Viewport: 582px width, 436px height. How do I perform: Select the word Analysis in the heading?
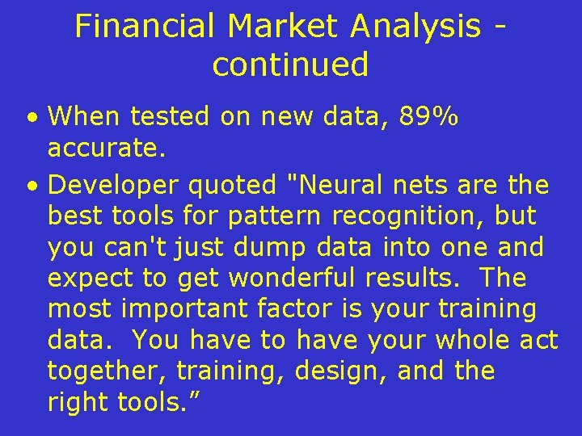click(415, 27)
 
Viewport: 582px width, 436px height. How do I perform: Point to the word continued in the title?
click(290, 65)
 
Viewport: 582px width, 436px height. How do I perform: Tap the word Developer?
click(114, 186)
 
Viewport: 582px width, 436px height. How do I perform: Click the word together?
click(107, 371)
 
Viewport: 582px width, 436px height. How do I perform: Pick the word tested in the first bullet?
click(175, 118)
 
